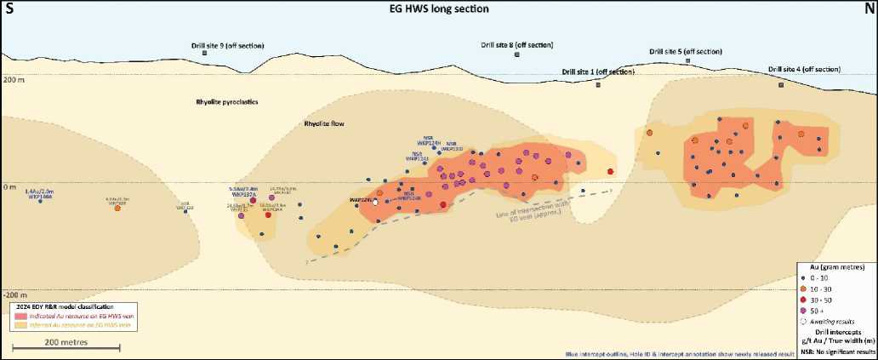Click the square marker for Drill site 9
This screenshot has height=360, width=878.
click(205, 54)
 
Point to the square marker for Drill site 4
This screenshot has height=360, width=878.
click(781, 84)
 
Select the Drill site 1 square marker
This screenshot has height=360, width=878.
click(597, 84)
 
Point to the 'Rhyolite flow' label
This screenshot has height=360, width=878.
click(326, 124)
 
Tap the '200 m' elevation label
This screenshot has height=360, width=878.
click(14, 79)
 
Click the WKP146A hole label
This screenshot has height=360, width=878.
click(39, 197)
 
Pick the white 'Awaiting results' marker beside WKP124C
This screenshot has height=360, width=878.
click(375, 202)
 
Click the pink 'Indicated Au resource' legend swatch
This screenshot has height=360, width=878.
click(18, 316)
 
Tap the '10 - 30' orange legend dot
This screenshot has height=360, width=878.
click(802, 289)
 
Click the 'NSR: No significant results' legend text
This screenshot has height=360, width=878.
click(837, 351)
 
